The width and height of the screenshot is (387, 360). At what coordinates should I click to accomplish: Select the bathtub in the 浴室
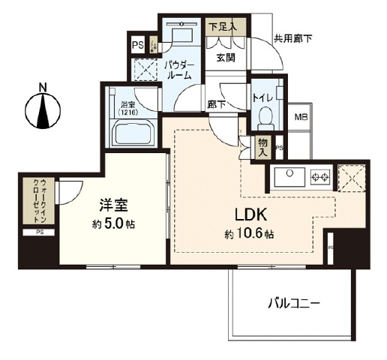click(x=133, y=136)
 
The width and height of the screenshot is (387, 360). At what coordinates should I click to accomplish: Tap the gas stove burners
click(x=321, y=178)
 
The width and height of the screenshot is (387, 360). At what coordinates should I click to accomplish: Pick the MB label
click(x=301, y=117)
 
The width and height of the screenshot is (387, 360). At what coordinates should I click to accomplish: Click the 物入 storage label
click(x=263, y=148)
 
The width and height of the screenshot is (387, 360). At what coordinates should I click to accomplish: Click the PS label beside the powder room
click(x=137, y=44)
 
